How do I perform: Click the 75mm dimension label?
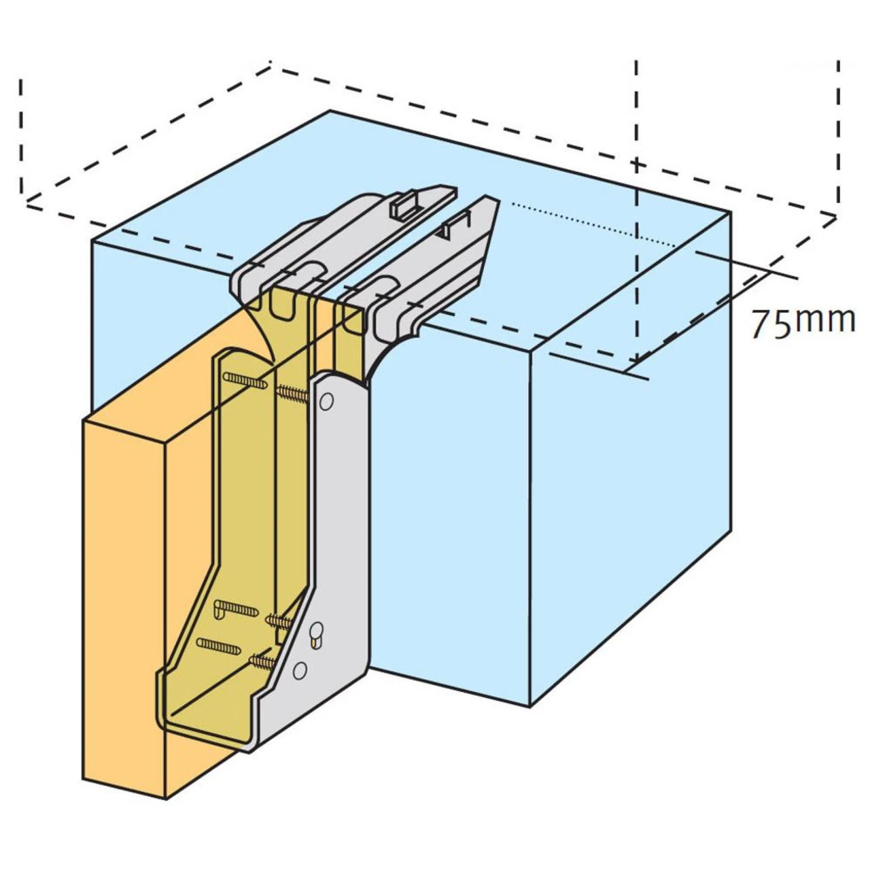point(802,321)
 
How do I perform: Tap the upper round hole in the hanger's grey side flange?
point(326,402)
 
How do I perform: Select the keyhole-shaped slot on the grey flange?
point(316,636)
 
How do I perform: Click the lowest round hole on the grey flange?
point(299,671)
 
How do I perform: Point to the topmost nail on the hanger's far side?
point(245,381)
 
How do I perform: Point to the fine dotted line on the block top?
point(591,224)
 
